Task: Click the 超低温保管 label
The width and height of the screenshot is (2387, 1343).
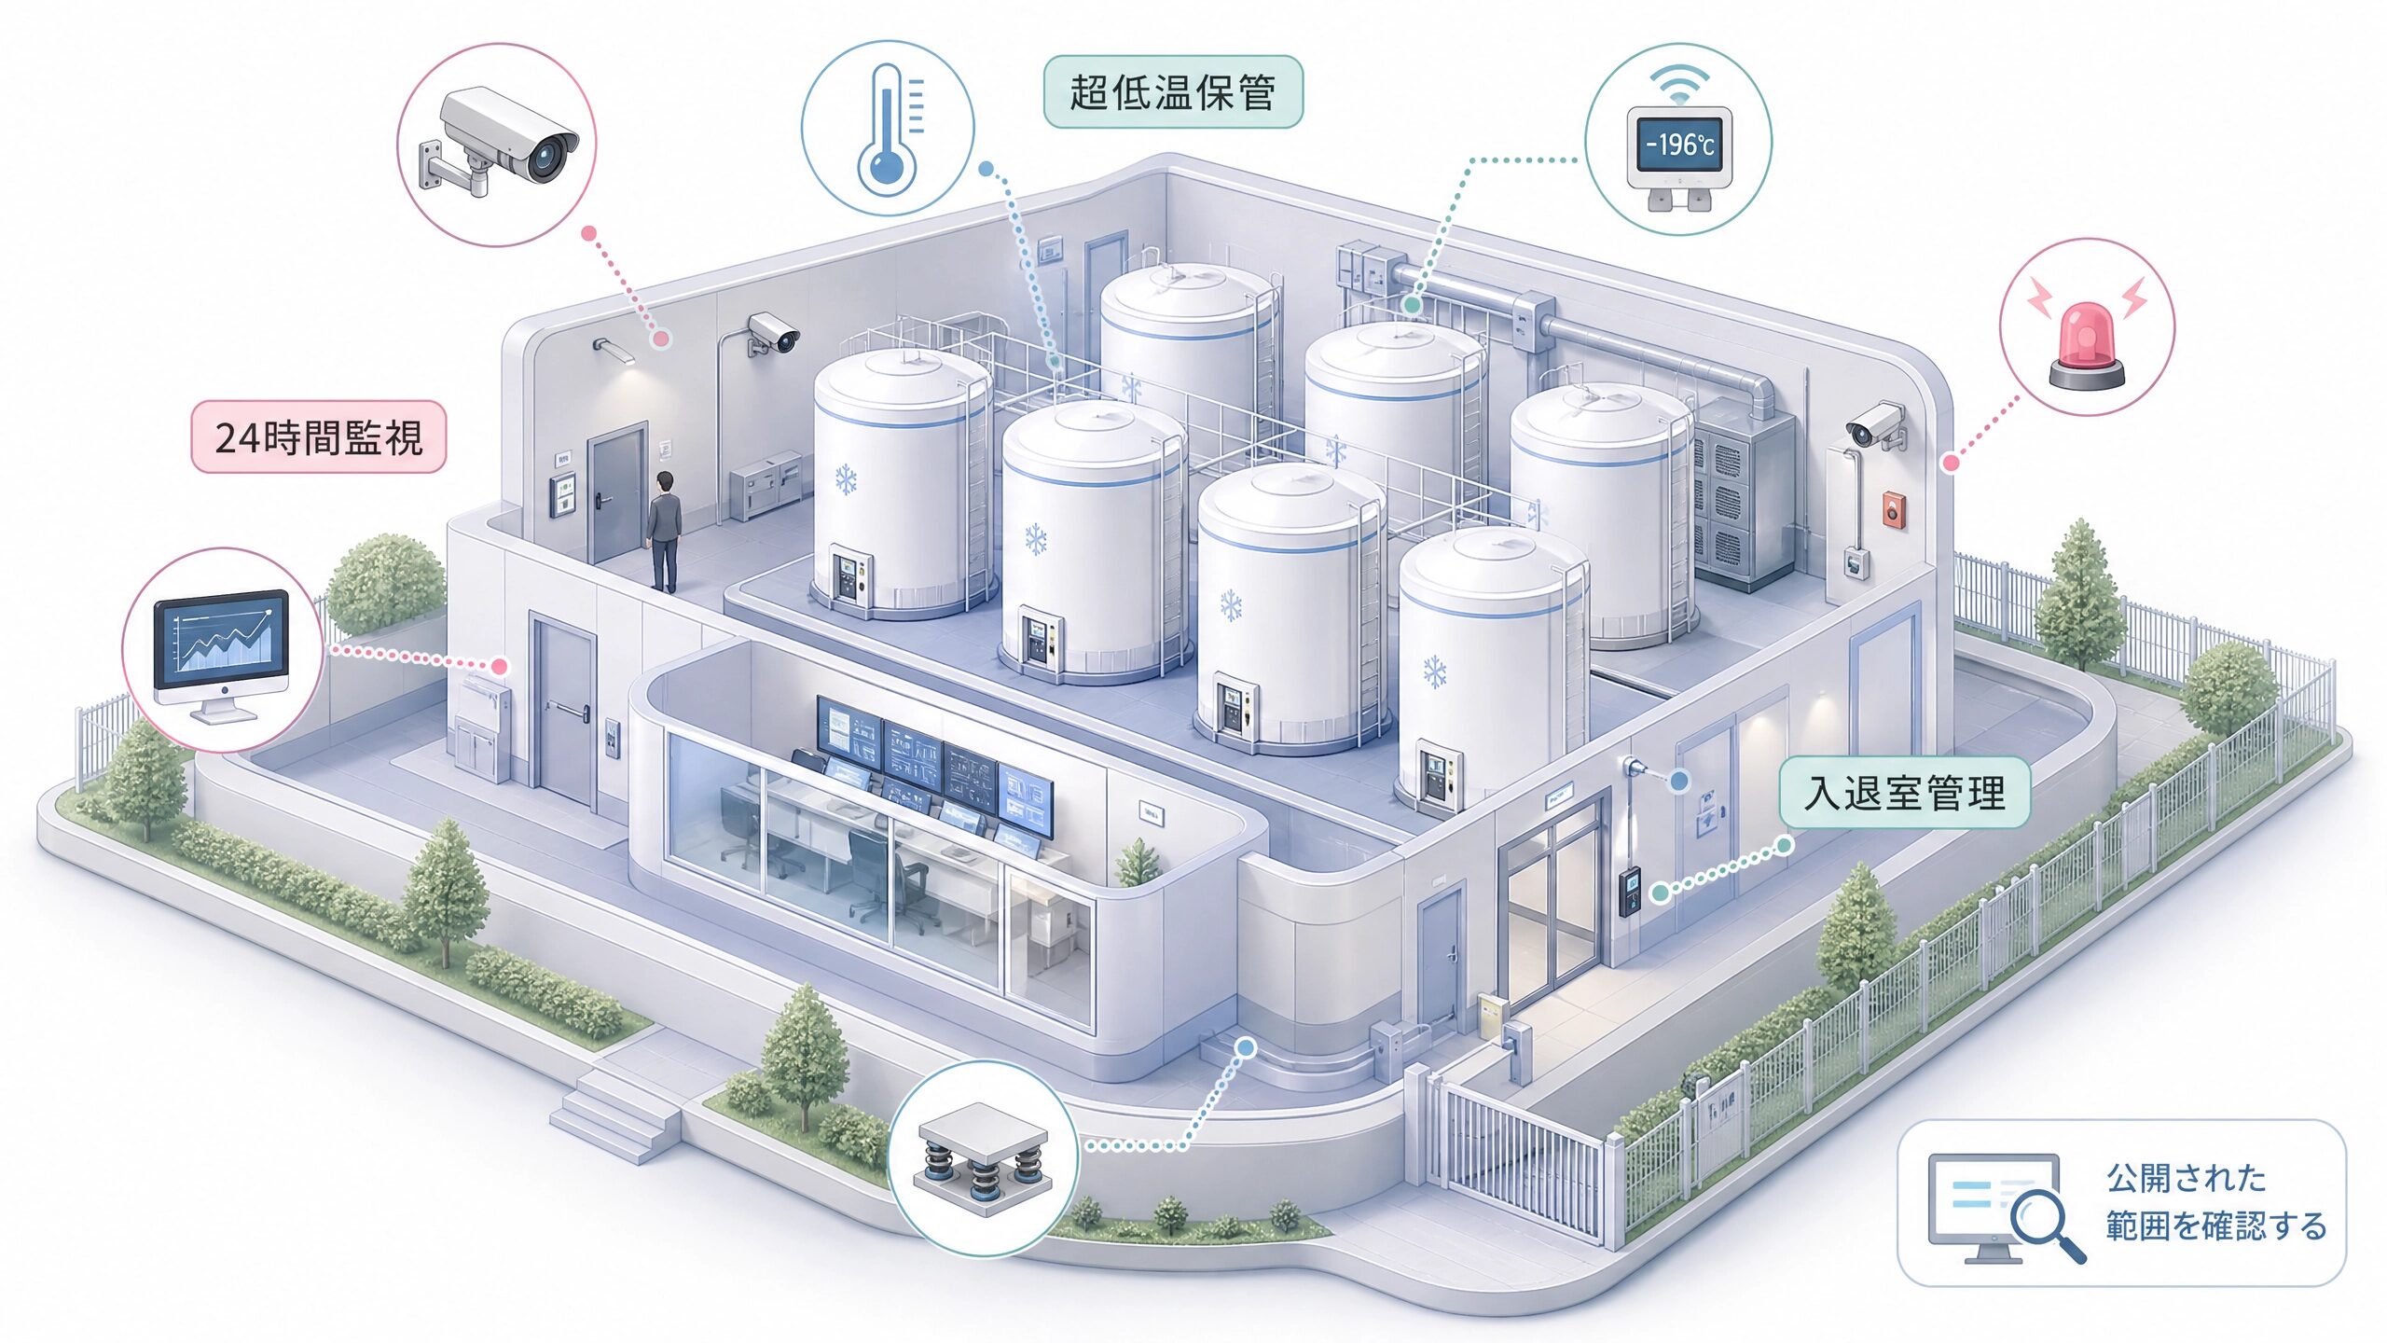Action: (x=1172, y=92)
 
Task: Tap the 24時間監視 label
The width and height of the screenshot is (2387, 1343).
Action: (x=319, y=437)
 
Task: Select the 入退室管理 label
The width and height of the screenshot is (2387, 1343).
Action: (x=1904, y=793)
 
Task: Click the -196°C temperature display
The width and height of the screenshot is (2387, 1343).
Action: (x=1679, y=145)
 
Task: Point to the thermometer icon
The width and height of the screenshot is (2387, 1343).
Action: (x=887, y=129)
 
